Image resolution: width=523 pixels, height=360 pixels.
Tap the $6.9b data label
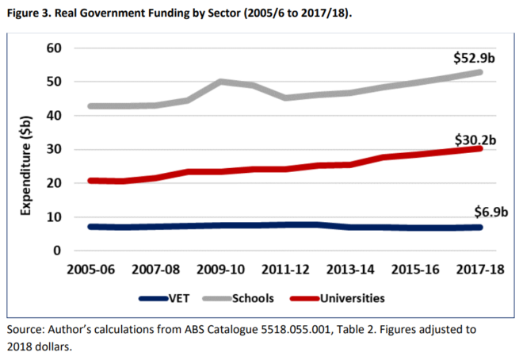479,212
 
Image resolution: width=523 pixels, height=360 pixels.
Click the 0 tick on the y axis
56,251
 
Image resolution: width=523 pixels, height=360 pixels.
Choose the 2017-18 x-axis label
479,270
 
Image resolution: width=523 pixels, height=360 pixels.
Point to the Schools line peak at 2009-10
220,81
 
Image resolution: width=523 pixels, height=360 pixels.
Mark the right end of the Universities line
479,148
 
